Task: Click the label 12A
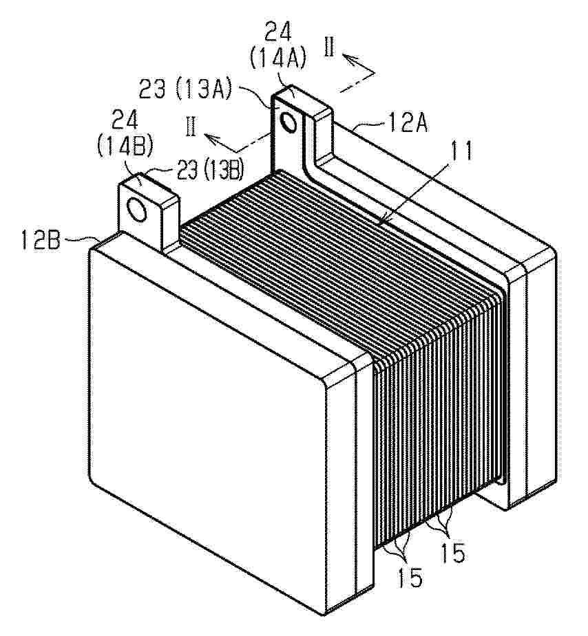[x=408, y=124]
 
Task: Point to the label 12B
[x=40, y=241]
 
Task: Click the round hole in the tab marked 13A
[x=290, y=122]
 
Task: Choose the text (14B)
[x=125, y=146]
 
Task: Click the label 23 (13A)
[x=185, y=89]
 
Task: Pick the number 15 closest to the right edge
[x=452, y=552]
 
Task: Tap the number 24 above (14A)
[x=278, y=33]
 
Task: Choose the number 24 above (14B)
[x=125, y=120]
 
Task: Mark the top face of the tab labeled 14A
[x=301, y=100]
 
